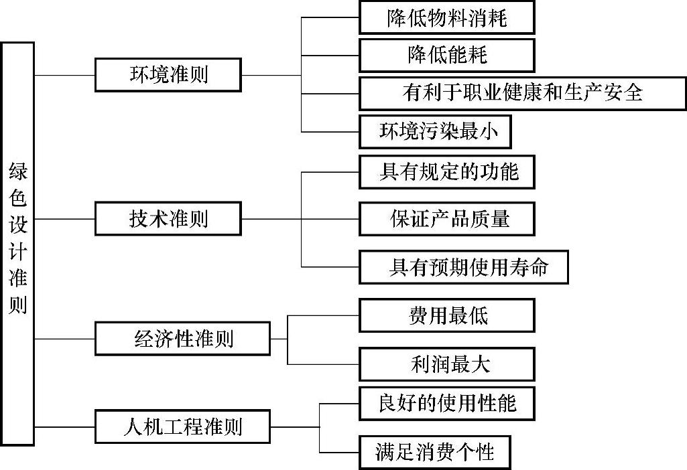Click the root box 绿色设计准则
click(x=17, y=244)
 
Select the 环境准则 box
click(x=168, y=74)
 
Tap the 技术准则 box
click(x=168, y=219)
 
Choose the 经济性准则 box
click(x=182, y=338)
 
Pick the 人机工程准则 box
click(x=182, y=426)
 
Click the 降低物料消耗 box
click(x=446, y=18)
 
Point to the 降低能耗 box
click(x=446, y=55)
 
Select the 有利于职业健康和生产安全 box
click(x=522, y=93)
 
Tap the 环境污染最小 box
click(x=435, y=132)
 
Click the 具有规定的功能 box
click(x=446, y=172)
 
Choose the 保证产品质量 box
click(x=446, y=219)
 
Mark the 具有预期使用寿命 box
click(x=464, y=267)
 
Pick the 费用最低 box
click(x=446, y=315)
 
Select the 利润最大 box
click(x=446, y=364)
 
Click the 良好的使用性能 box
click(x=446, y=403)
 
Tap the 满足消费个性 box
click(x=435, y=452)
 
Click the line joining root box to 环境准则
click(x=64, y=75)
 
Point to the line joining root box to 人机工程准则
click(x=64, y=426)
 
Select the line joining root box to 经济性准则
click(x=64, y=339)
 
